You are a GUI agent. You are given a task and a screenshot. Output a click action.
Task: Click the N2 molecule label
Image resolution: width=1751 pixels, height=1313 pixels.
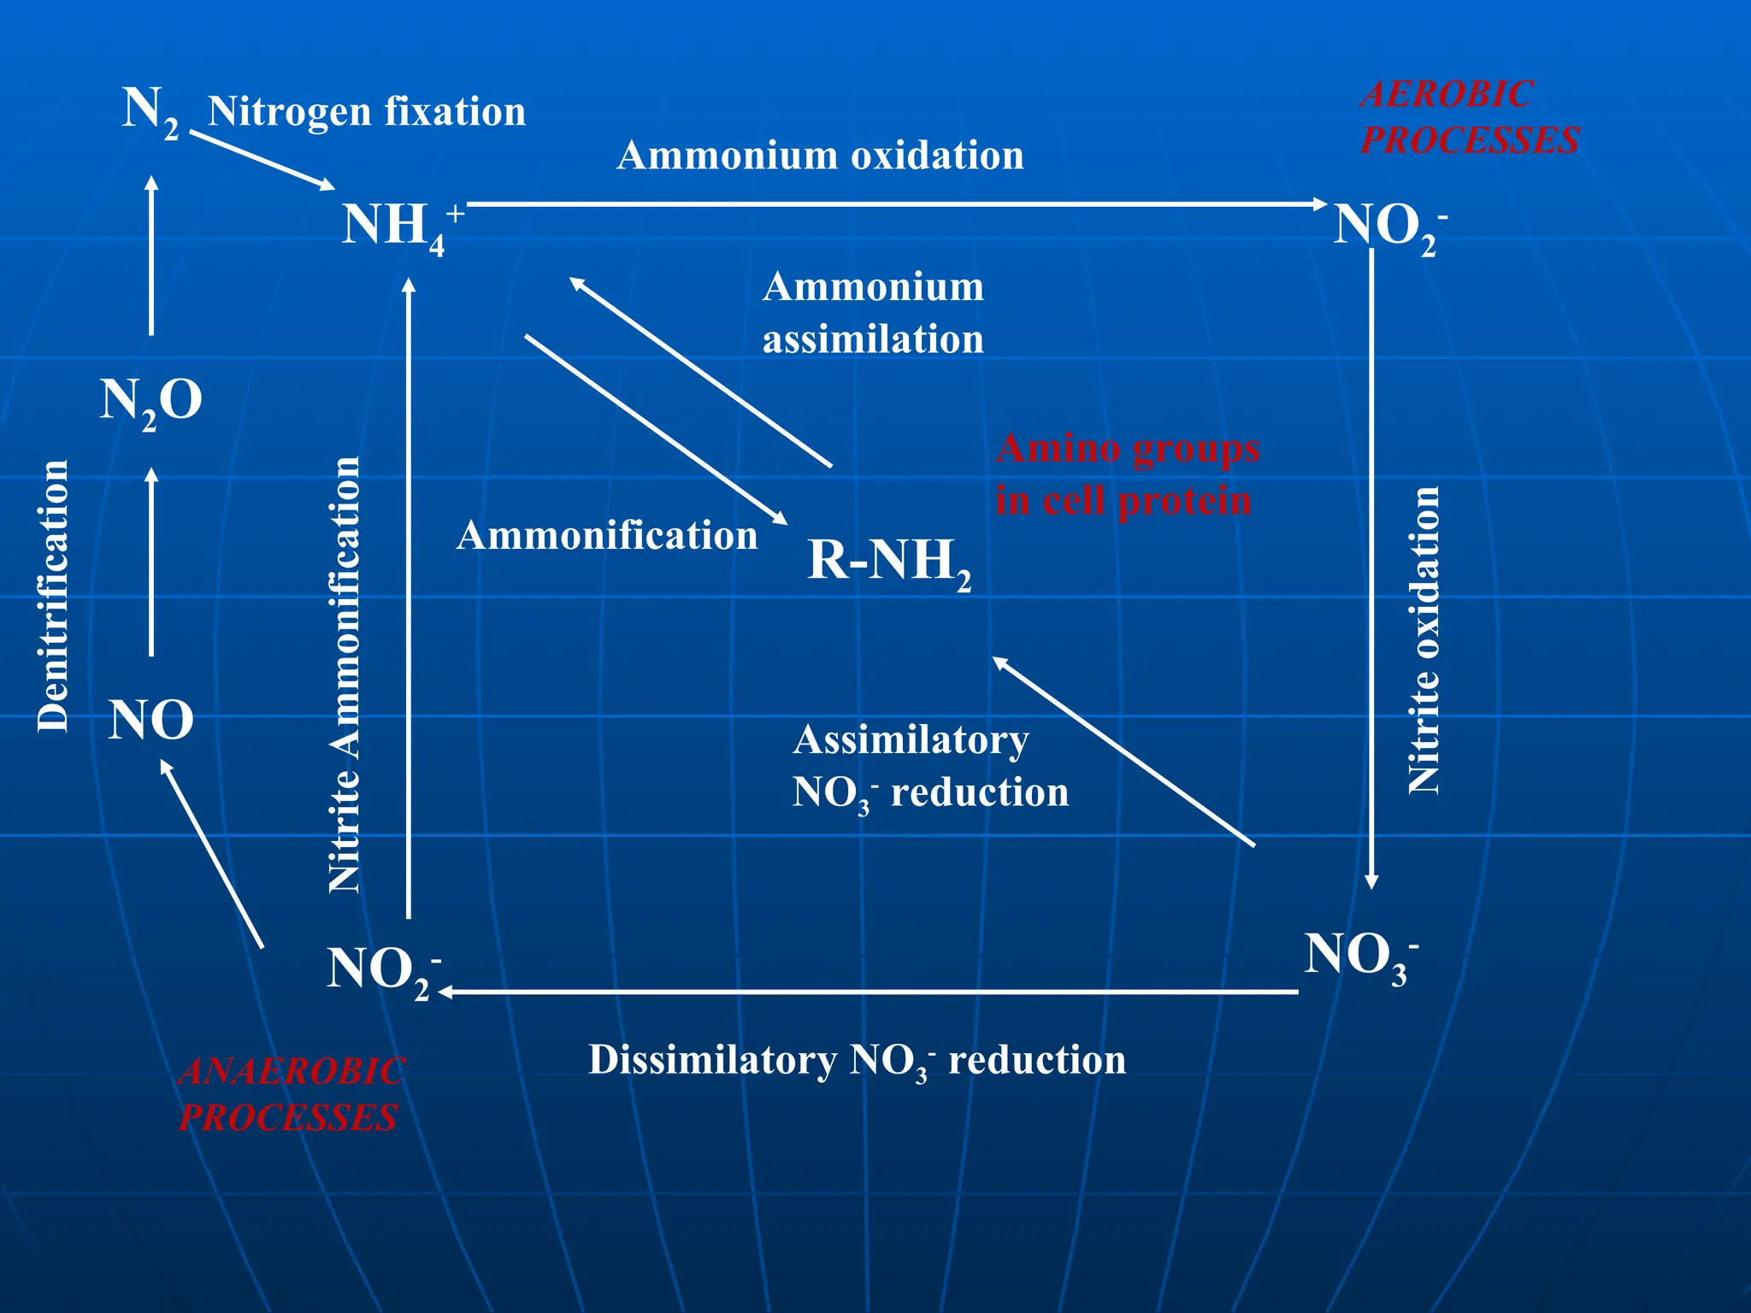(x=150, y=111)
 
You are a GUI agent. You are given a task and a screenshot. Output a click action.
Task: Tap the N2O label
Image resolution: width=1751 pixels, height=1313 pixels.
(x=151, y=400)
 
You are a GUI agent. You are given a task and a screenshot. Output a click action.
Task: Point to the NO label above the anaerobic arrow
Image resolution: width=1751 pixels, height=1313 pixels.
(x=151, y=719)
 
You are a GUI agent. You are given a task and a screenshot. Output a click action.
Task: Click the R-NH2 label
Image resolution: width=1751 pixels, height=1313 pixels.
(x=889, y=562)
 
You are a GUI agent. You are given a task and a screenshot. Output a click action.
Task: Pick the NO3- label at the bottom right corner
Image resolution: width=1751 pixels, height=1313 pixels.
(x=1360, y=957)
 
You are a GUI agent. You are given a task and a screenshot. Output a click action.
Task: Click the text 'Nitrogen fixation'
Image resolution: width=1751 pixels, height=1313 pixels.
(x=367, y=112)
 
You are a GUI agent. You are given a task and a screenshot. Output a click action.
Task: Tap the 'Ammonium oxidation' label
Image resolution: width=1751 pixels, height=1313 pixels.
(x=820, y=156)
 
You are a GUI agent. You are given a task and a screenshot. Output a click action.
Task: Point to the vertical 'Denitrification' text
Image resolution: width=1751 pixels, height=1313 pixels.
(x=53, y=596)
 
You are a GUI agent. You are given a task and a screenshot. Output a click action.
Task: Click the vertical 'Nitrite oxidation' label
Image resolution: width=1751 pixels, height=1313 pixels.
(x=1424, y=639)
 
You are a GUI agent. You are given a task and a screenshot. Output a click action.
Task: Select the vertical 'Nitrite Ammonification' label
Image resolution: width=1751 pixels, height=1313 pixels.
(x=345, y=675)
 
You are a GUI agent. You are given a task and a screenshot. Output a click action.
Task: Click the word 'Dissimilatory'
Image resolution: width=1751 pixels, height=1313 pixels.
(x=712, y=1060)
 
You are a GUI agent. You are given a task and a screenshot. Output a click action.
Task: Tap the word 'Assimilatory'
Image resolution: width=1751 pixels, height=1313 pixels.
(x=911, y=740)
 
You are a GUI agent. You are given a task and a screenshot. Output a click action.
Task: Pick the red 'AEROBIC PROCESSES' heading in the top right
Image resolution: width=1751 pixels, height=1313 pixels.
(x=1470, y=117)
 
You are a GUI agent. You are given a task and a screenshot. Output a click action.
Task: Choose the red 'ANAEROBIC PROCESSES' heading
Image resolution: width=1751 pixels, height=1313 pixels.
(x=290, y=1094)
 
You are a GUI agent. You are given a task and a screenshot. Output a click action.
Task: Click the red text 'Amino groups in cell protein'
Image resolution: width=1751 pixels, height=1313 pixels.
(x=1126, y=474)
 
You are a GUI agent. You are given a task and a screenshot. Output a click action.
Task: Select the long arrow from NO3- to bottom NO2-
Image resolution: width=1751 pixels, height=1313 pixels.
(x=868, y=992)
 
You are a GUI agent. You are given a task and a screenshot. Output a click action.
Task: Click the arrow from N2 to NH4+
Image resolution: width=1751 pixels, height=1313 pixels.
(x=262, y=159)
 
